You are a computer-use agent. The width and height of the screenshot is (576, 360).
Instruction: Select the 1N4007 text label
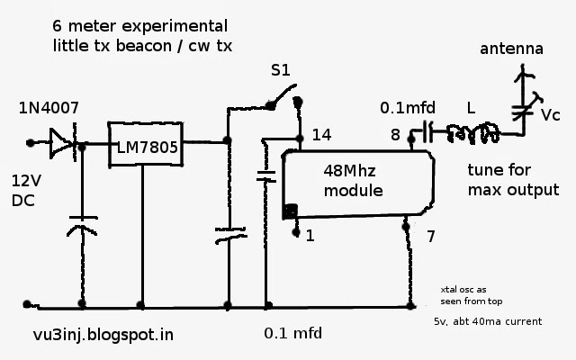49,109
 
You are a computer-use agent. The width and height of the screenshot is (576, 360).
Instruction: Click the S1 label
282,68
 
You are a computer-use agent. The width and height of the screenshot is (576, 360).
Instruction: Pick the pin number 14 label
322,135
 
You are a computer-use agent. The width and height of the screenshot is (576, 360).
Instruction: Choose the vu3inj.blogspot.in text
101,335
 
